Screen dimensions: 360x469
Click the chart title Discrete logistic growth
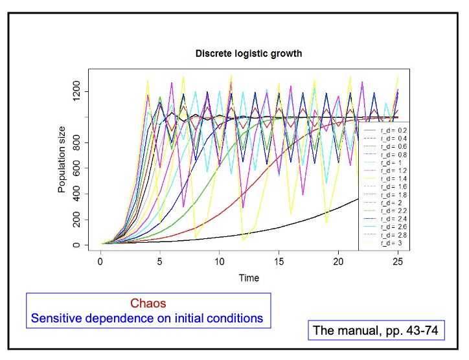pos(249,54)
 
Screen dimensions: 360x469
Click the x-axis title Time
pos(249,278)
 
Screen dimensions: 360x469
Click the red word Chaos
pos(148,303)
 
